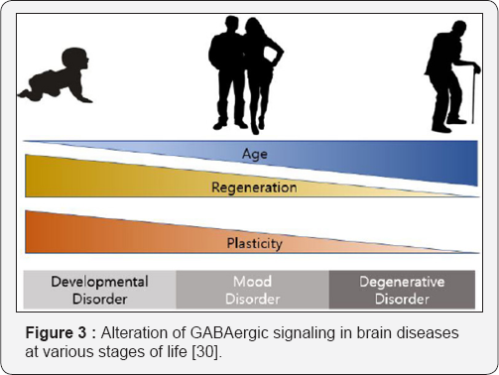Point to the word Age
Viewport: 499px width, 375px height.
coord(254,154)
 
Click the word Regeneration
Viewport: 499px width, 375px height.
coord(254,187)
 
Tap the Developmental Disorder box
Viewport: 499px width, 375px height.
coord(99,289)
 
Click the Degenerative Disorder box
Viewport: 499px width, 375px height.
coord(403,289)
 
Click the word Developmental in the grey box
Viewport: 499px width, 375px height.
coord(99,281)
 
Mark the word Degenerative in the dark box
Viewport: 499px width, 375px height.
coord(403,281)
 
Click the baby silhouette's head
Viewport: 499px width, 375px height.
coord(76,62)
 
